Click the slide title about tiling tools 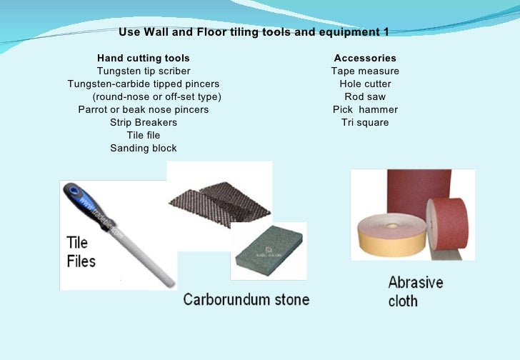click(254, 32)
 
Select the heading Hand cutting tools click(144, 58)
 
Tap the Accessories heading click(365, 58)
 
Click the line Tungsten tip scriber click(144, 71)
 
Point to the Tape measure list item click(365, 71)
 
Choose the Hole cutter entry click(365, 84)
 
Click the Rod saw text click(365, 96)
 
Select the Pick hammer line click(365, 109)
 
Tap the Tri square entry click(365, 122)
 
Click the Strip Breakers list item click(144, 122)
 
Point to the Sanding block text click(144, 148)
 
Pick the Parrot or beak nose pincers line click(144, 109)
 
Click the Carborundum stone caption click(246, 299)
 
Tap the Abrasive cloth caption click(415, 291)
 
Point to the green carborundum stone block click(269, 250)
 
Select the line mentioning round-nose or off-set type click(157, 96)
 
